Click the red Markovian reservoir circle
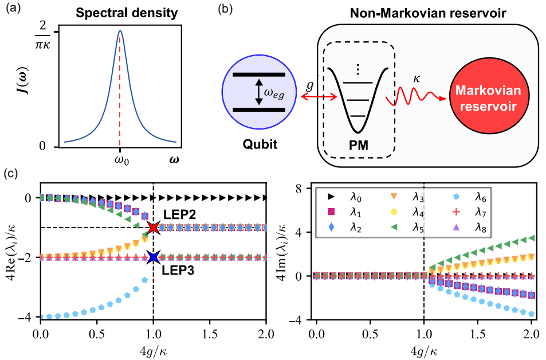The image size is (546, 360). [x=486, y=99]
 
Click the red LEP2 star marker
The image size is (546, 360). [x=153, y=228]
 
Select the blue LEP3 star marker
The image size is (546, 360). [x=153, y=257]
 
